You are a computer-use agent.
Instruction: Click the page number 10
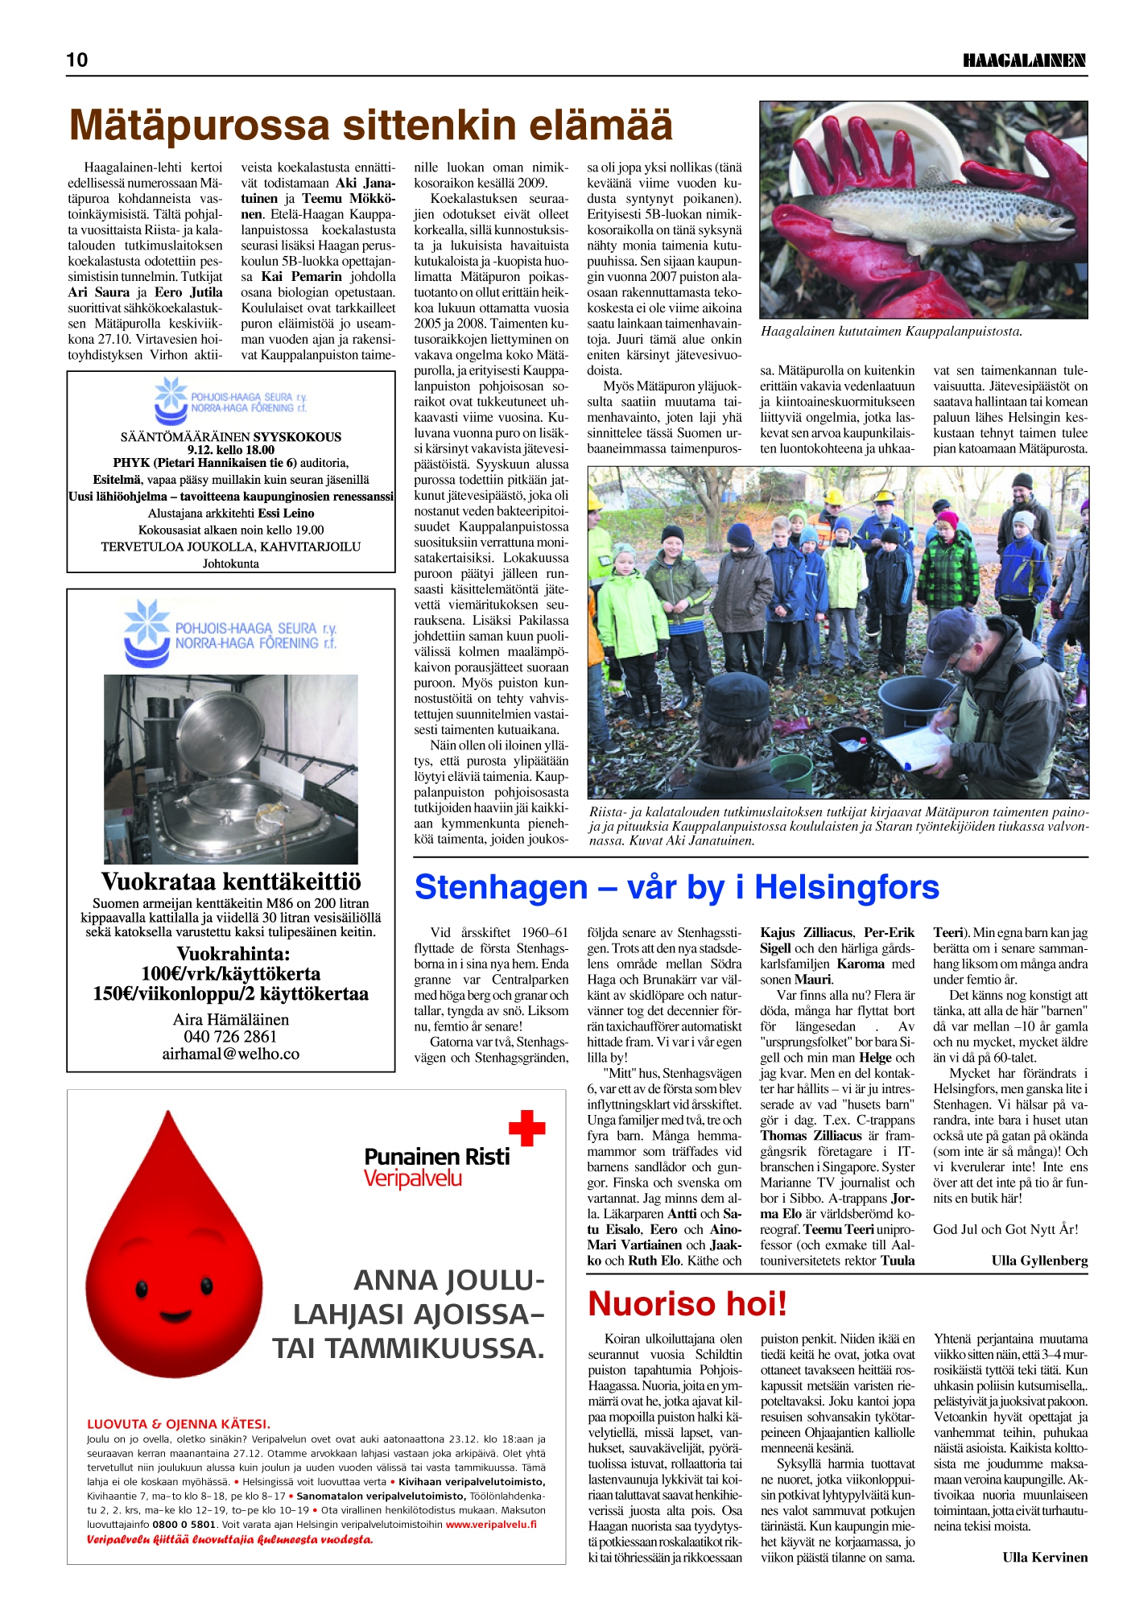pos(77,60)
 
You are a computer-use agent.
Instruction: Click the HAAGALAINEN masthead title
pos(1024,60)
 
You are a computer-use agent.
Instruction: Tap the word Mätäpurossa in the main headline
pos(200,126)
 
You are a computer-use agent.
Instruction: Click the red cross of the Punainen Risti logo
pos(527,1128)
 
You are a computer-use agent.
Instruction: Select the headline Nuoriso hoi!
pos(687,1304)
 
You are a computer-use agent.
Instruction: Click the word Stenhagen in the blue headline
pos(501,887)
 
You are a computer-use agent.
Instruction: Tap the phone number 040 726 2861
pos(230,1037)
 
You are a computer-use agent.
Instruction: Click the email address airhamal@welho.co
pos(230,1054)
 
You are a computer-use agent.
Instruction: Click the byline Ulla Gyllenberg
pos(1039,1261)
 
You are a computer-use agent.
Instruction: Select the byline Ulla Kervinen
pos(1045,1557)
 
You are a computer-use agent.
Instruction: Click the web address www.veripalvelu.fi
pos(491,1524)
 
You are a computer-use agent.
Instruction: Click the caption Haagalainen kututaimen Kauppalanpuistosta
pos(891,332)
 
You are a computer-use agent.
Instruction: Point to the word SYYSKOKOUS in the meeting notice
pos(297,437)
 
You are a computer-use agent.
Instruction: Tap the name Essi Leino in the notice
pos(287,513)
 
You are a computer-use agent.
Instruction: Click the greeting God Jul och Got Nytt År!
pos(1005,1229)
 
